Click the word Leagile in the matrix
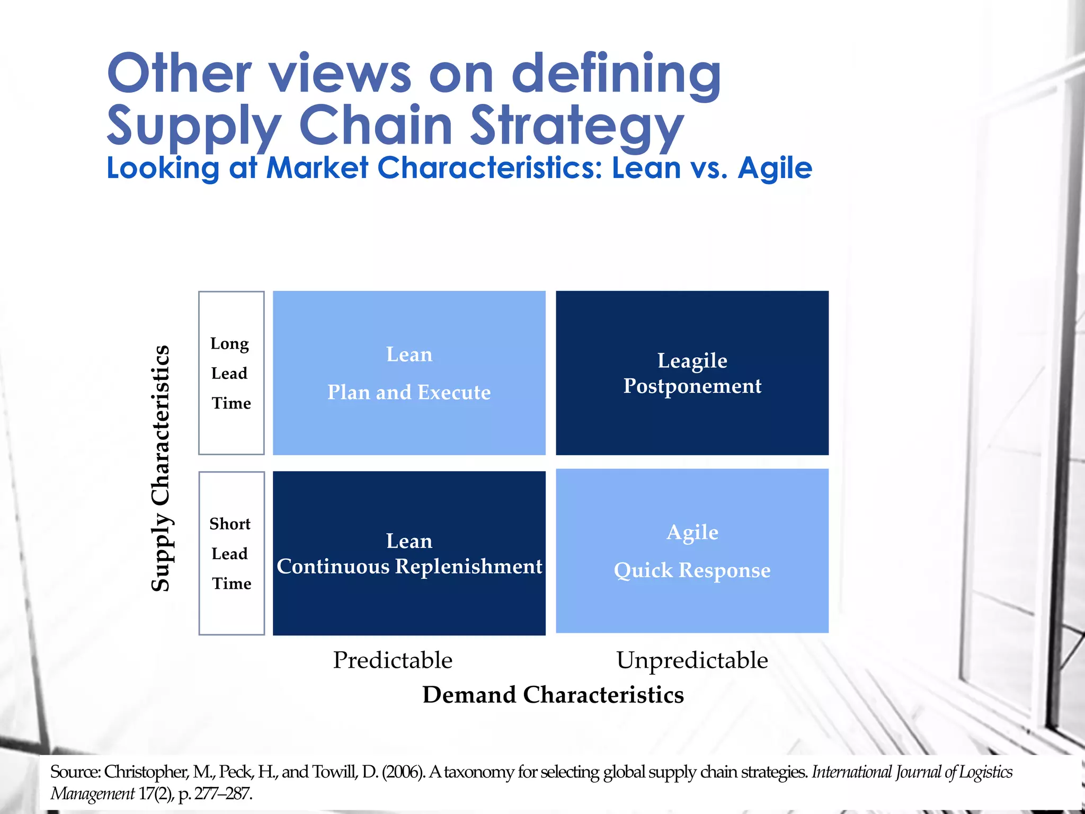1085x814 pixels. pos(692,360)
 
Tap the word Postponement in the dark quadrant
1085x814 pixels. pos(692,386)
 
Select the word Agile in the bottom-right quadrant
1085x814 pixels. pos(692,532)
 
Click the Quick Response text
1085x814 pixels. pos(692,570)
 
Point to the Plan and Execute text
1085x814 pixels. pos(408,392)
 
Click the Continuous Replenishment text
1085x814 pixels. pos(409,566)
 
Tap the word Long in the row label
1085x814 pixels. pos(229,343)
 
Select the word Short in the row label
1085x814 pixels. pos(230,524)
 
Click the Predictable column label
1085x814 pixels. pos(393,660)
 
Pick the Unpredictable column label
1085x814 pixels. pos(692,660)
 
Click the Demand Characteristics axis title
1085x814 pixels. pos(553,695)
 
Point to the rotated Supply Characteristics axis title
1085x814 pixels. pos(161,468)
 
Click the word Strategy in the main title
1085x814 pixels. pos(577,125)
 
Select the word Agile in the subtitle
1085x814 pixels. pos(775,169)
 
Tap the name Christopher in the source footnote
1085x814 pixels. pos(145,772)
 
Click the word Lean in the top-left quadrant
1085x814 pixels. pos(409,354)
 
